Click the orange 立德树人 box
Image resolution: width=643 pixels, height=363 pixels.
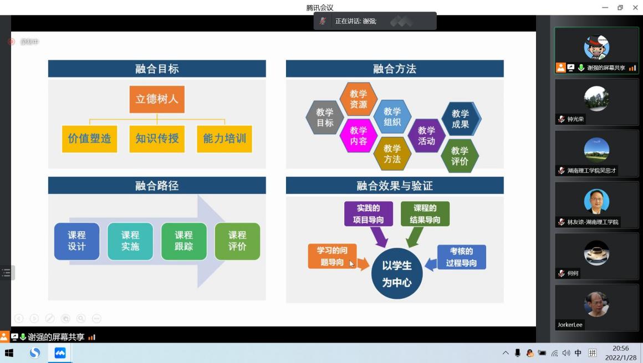pyautogui.click(x=157, y=99)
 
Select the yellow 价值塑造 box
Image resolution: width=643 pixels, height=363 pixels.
pyautogui.click(x=89, y=139)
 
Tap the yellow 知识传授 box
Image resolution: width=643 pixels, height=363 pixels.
pyautogui.click(x=157, y=139)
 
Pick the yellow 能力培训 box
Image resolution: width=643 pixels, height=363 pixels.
pyautogui.click(x=224, y=139)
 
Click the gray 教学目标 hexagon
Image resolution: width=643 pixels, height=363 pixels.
pyautogui.click(x=325, y=117)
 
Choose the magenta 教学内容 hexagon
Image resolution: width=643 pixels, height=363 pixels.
pyautogui.click(x=358, y=136)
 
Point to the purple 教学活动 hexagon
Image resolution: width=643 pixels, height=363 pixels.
pyautogui.click(x=426, y=136)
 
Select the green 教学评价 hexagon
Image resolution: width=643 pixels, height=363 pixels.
pyautogui.click(x=460, y=156)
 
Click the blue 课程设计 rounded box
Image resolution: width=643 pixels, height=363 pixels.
pyautogui.click(x=76, y=241)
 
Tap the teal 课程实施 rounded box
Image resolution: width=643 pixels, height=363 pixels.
pyautogui.click(x=130, y=241)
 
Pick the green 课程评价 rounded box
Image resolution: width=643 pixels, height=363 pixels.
pyautogui.click(x=237, y=241)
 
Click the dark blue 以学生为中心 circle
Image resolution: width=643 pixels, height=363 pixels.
pyautogui.click(x=397, y=274)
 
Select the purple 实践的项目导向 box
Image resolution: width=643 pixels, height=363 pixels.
pyautogui.click(x=368, y=214)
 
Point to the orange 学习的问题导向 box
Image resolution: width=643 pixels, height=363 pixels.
pyautogui.click(x=332, y=256)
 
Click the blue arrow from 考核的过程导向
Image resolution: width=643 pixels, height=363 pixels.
pyautogui.click(x=430, y=264)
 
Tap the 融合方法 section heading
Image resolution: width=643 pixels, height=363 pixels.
pyautogui.click(x=395, y=69)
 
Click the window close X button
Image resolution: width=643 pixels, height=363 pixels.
pyautogui.click(x=635, y=7)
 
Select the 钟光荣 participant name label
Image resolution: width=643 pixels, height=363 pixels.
pyautogui.click(x=575, y=119)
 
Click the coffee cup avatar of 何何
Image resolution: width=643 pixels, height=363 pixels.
pyautogui.click(x=596, y=253)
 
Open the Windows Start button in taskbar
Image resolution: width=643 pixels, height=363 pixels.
pyautogui.click(x=9, y=353)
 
